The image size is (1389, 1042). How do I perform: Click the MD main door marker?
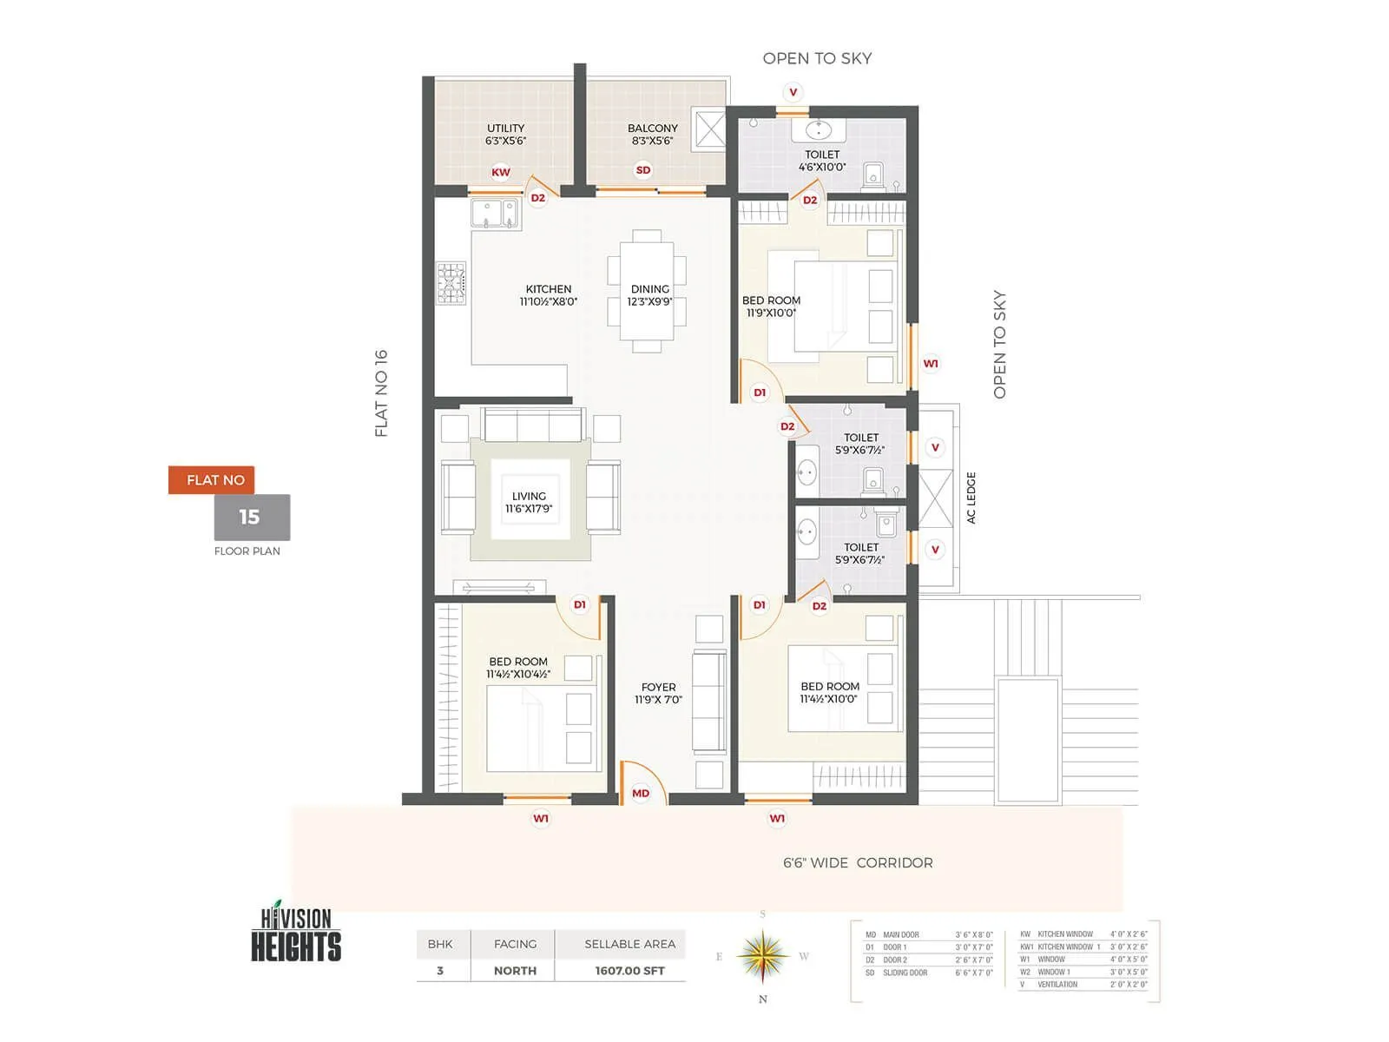pos(641,793)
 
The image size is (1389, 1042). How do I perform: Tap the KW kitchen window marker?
pos(501,172)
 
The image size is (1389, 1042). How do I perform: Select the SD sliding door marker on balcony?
pos(643,170)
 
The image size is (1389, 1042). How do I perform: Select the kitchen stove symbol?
pos(451,283)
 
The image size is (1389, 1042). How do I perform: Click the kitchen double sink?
pos(495,214)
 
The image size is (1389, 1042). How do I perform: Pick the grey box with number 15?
pos(252,518)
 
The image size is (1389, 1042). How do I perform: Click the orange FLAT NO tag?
pos(212,480)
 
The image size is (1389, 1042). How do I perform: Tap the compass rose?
pos(762,955)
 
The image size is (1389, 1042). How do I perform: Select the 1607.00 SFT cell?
pos(629,971)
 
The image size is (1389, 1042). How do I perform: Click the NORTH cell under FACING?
pos(515,971)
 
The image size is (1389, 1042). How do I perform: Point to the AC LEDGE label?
pos(971,498)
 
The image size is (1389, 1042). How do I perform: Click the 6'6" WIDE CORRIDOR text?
pos(858,862)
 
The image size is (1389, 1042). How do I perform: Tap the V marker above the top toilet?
pos(793,92)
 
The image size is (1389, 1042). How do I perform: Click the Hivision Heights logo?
pos(296,933)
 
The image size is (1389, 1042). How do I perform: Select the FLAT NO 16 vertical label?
pos(381,393)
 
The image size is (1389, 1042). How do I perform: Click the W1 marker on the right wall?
pos(931,364)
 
